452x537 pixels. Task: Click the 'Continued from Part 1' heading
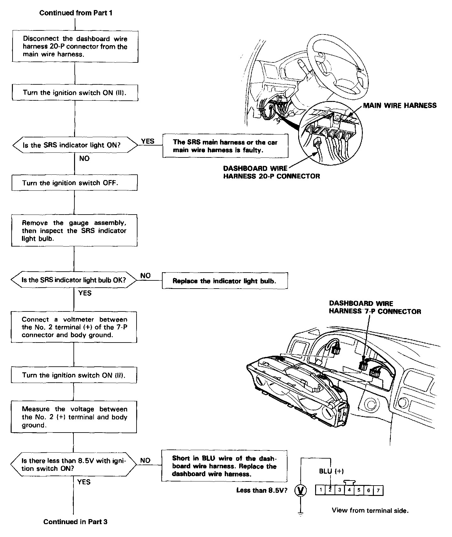[x=76, y=13]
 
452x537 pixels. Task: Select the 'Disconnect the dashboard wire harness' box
[x=75, y=46]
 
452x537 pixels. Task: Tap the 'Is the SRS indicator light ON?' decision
[x=75, y=145]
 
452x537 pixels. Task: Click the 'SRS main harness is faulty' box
[x=225, y=146]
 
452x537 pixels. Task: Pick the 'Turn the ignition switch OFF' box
[x=74, y=183]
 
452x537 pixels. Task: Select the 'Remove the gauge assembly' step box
[x=74, y=231]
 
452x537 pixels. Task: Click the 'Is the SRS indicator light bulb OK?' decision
[x=74, y=280]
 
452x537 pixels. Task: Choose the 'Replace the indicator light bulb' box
[x=224, y=281]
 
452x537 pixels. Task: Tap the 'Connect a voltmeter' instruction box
[x=74, y=327]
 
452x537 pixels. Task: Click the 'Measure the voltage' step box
[x=74, y=417]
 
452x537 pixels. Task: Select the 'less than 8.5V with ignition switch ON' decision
[x=73, y=465]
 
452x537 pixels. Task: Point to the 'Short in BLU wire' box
[x=224, y=466]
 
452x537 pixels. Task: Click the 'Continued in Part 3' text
[x=75, y=522]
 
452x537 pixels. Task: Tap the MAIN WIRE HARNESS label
[x=400, y=105]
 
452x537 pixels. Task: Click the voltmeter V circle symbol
[x=301, y=490]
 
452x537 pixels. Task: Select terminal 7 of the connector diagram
[x=378, y=490]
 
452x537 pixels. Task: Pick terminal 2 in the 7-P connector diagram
[x=330, y=490]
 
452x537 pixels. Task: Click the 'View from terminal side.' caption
[x=370, y=510]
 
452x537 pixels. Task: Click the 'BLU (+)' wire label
[x=331, y=471]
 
